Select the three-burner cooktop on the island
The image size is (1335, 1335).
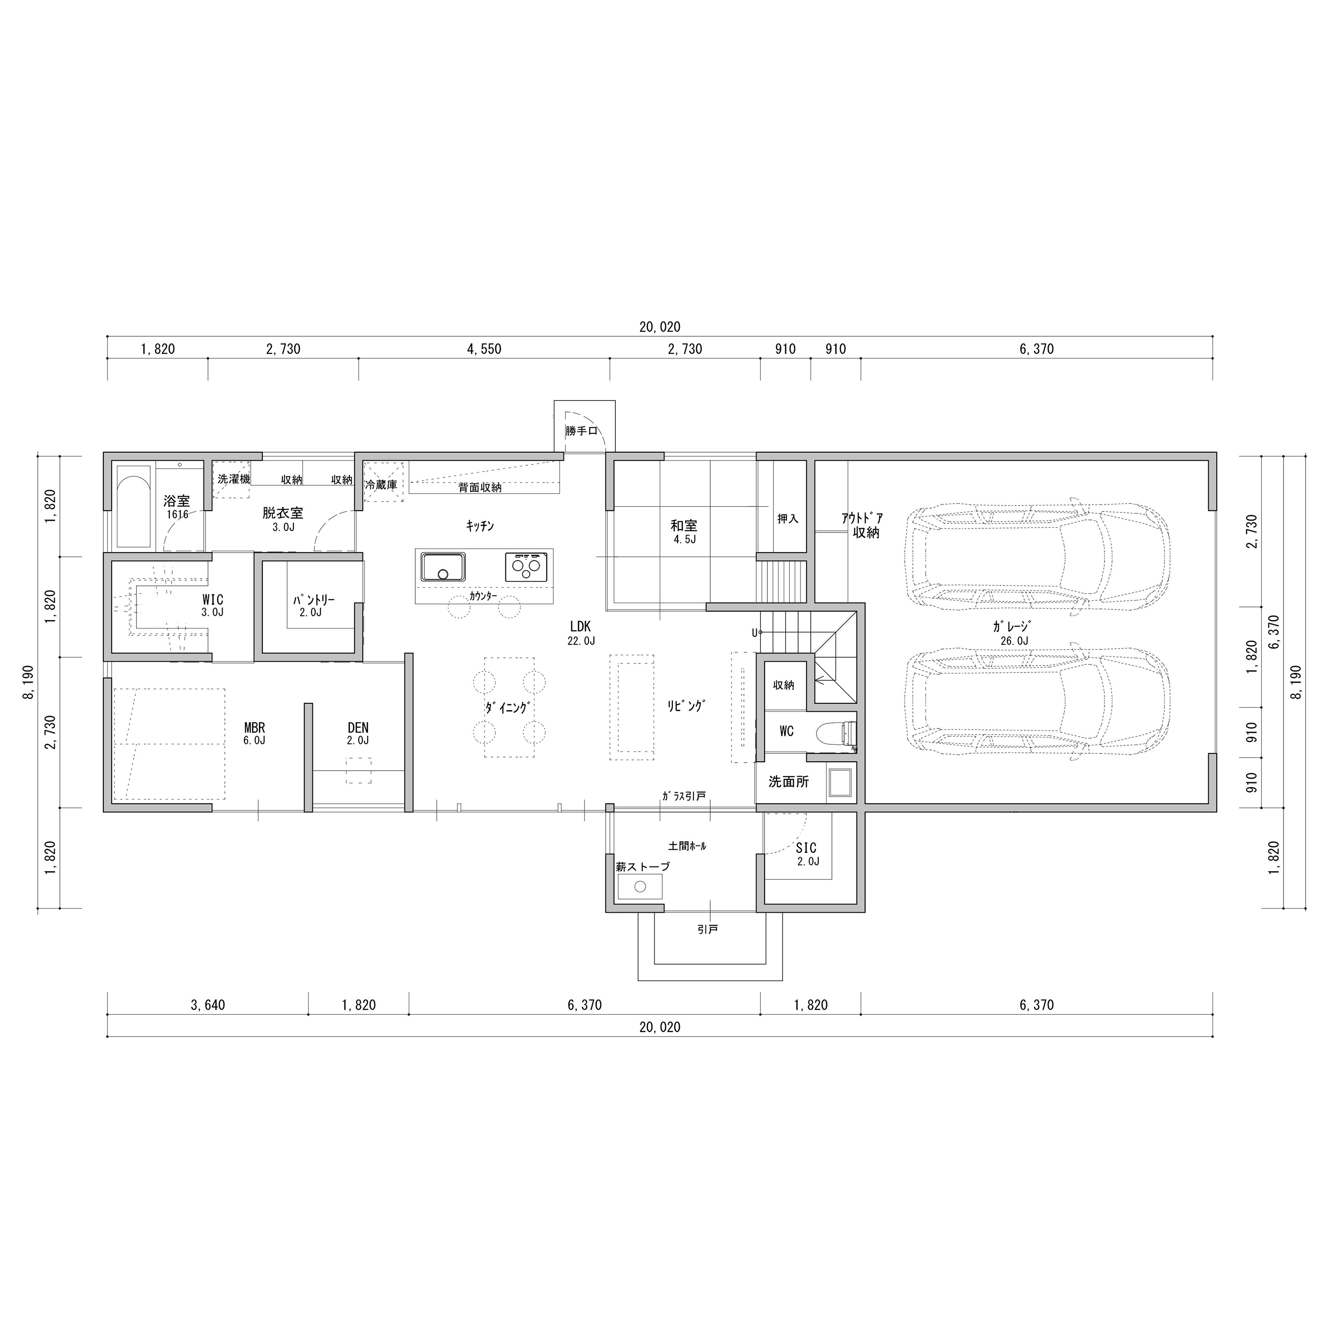point(527,567)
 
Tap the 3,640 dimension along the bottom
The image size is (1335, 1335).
point(208,1005)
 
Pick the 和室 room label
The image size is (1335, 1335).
point(684,526)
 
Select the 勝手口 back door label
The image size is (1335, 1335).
point(581,431)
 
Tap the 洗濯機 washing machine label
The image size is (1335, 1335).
point(233,478)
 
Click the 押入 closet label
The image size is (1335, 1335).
point(788,518)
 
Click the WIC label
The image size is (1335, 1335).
point(213,600)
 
